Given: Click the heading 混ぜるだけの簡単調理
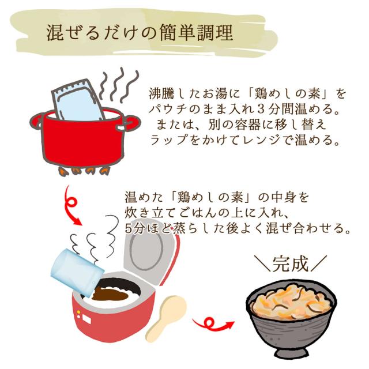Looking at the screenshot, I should point(140,33).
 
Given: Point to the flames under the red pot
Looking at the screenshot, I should point(83,171).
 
